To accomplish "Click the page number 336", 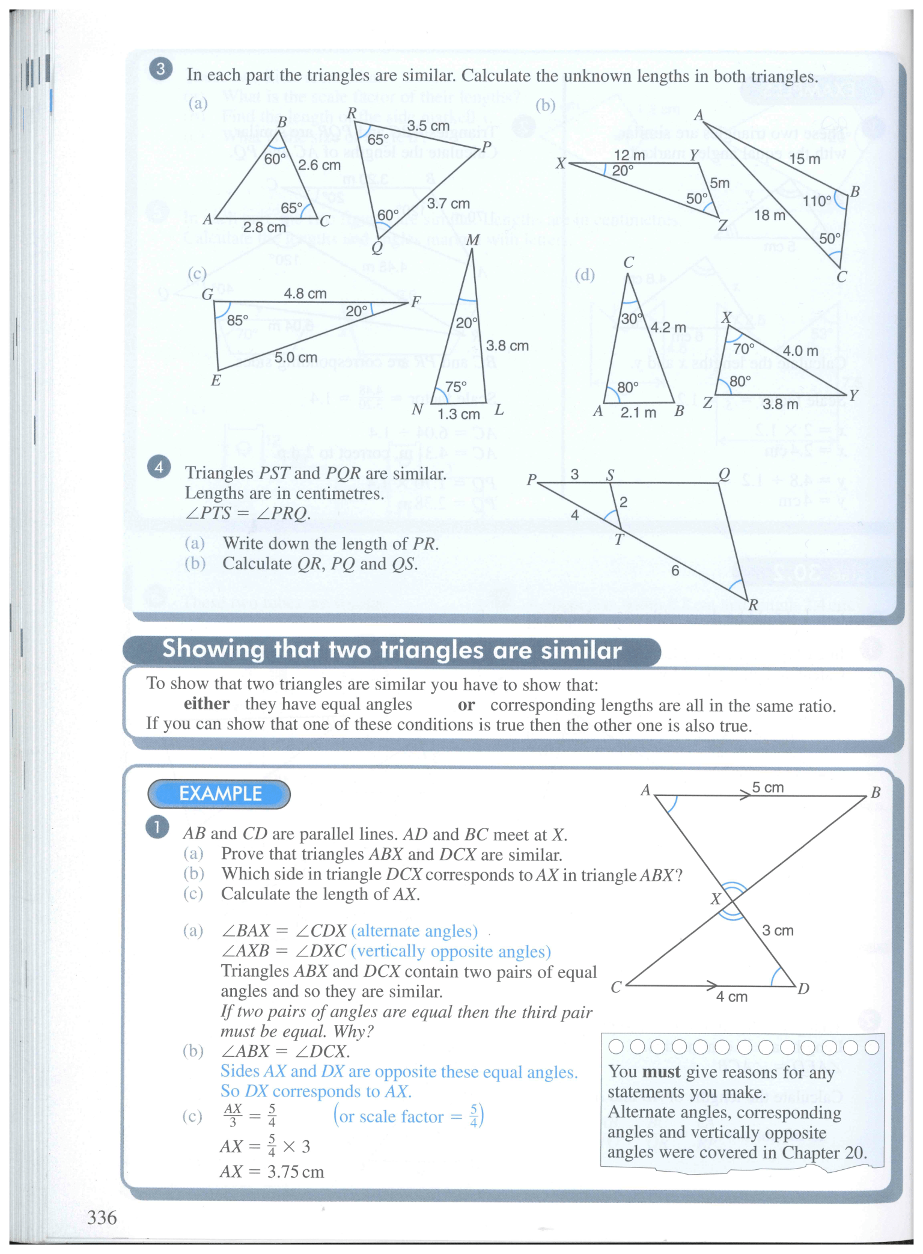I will [x=102, y=1217].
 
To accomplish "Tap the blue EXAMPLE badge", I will [x=219, y=794].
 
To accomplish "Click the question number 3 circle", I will [x=160, y=70].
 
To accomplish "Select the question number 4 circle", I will [x=159, y=467].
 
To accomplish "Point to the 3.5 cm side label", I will [x=428, y=126].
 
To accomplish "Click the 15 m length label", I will [x=804, y=159].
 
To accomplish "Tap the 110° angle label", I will [x=817, y=201].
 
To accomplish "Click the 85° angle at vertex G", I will [x=237, y=320].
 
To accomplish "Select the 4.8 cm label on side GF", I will [x=305, y=293].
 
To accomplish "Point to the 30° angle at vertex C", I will [x=631, y=319].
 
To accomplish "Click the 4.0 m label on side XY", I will [x=800, y=350].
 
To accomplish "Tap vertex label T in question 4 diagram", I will [x=618, y=539].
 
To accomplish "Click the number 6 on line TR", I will [x=675, y=570].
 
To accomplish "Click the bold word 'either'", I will [x=206, y=704].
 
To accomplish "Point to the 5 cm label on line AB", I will [x=767, y=788].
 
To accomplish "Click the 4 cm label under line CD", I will [x=731, y=997].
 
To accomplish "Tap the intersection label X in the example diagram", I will [x=715, y=899].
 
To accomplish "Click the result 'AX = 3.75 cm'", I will [x=272, y=1172].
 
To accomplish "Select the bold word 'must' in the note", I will [x=661, y=1072].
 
